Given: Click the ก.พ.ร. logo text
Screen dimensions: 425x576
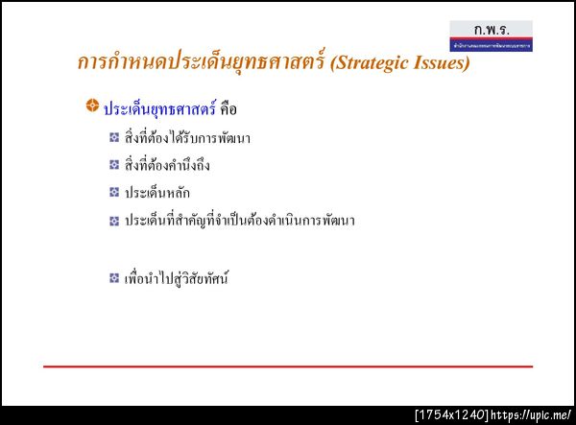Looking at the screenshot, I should point(491,30).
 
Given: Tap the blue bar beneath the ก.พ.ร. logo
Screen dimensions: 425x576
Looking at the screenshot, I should point(491,45).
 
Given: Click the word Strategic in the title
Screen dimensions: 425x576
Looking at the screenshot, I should point(371,64).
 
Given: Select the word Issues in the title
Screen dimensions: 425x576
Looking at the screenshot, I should point(438,64).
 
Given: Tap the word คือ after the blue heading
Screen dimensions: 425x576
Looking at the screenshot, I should point(228,107).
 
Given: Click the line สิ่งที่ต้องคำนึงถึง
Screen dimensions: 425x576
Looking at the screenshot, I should point(167,165).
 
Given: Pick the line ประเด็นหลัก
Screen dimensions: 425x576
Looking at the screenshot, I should point(156,193).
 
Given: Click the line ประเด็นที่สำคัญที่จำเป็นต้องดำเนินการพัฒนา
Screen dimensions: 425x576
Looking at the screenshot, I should point(240,221).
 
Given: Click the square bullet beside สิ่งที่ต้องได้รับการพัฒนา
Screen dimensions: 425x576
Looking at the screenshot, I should point(113,137).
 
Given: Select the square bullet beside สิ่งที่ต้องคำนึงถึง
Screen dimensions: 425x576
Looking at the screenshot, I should point(113,165).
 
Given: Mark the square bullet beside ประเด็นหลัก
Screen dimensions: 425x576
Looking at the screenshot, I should point(113,193).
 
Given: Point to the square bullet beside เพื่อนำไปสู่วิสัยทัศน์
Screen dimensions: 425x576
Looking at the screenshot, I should point(113,279).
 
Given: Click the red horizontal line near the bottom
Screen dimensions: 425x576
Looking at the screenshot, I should point(288,366).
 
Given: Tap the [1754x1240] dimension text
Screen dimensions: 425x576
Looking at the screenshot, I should point(450,415).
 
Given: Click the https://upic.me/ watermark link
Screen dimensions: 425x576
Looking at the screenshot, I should point(530,415).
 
